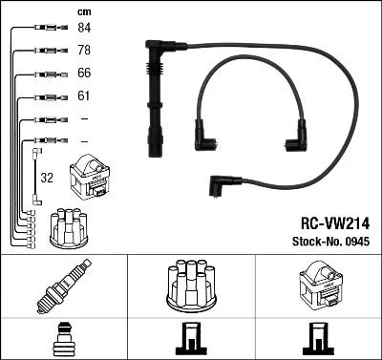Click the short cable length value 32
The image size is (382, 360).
[46, 178]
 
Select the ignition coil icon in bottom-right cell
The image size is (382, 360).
[317, 284]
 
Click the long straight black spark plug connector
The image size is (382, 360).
[153, 95]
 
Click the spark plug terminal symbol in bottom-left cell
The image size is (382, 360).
[64, 338]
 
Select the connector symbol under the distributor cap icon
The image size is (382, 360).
[191, 338]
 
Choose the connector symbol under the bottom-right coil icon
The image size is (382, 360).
[317, 338]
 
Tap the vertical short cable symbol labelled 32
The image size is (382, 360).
[35, 176]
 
